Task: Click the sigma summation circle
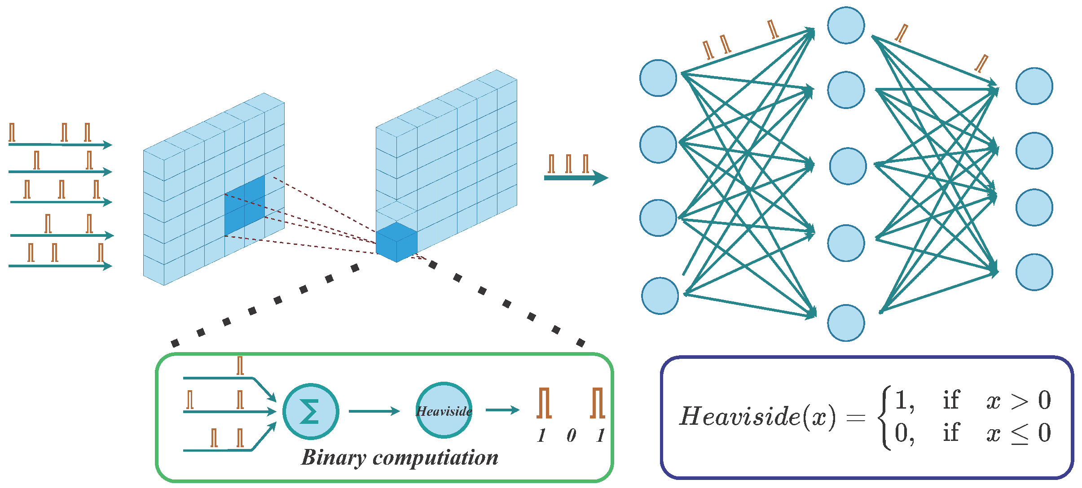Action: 311,411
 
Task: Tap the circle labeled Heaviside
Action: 444,410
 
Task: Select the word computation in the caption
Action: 435,458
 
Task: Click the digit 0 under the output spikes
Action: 571,435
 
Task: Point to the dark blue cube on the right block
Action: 396,242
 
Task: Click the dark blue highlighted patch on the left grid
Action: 245,205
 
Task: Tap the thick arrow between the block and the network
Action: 576,178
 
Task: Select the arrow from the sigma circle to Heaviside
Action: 374,411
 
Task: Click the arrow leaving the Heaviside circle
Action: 502,410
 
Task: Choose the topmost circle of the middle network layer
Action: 846,25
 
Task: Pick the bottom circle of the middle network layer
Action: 846,323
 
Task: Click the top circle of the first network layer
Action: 658,78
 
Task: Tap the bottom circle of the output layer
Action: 1034,272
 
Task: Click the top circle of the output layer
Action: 1034,86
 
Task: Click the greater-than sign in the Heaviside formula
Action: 1019,401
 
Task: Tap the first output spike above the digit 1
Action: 544,403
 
